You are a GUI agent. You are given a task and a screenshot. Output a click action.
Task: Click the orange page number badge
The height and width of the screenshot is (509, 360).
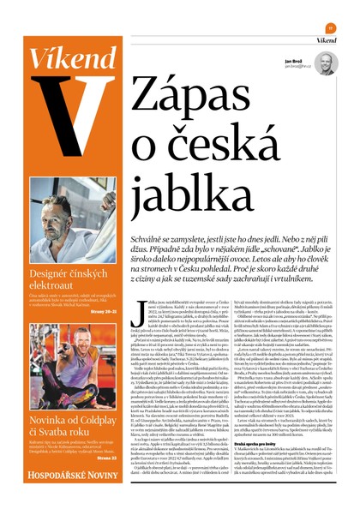click(330, 27)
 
